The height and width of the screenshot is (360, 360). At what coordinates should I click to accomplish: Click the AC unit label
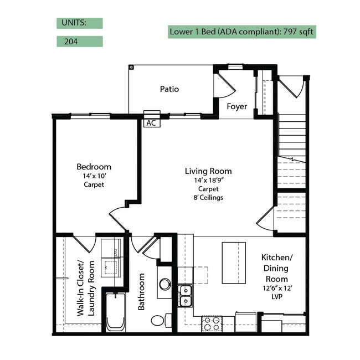151,123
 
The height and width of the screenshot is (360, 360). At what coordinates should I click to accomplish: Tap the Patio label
169,89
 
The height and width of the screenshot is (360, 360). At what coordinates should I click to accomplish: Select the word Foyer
236,106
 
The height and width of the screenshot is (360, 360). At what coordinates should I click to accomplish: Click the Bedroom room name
94,167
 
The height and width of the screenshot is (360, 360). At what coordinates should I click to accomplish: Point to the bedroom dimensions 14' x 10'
94,176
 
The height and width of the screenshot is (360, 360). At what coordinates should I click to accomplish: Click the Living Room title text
208,171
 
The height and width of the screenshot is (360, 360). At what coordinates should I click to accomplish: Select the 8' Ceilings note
208,198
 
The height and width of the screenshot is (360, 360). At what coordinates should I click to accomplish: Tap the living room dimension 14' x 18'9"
209,180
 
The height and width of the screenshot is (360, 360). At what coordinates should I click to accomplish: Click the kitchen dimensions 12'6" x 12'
277,288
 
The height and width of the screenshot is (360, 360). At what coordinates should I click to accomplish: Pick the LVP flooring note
277,297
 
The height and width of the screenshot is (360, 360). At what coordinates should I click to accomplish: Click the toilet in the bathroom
161,320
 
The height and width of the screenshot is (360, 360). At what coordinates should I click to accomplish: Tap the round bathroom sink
165,284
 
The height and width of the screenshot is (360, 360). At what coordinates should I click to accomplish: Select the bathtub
116,312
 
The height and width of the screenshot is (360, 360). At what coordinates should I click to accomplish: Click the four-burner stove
212,324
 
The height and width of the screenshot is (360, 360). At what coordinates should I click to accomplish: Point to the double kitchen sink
186,296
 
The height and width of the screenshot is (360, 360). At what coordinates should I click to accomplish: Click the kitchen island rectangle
234,263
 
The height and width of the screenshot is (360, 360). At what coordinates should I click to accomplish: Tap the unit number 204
71,42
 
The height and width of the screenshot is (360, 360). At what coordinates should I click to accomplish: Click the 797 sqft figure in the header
298,32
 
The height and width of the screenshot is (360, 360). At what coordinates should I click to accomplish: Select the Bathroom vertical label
141,291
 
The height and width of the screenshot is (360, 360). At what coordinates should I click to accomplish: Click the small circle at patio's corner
131,67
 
